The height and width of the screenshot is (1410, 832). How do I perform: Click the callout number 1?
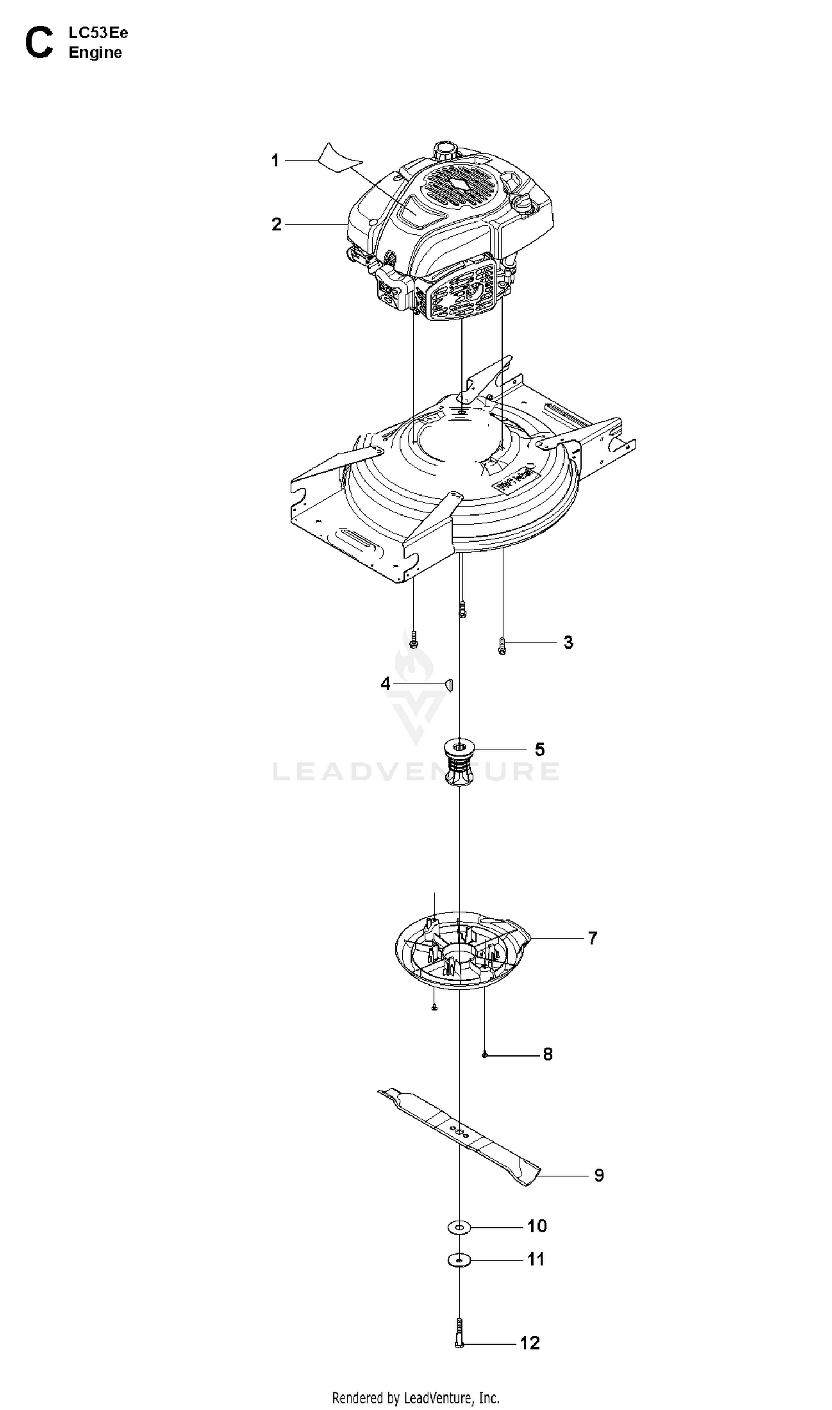(x=275, y=161)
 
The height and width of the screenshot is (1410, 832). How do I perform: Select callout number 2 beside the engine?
(x=276, y=224)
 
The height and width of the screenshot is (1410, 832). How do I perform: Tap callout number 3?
(x=569, y=643)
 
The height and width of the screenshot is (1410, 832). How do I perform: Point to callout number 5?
(x=539, y=749)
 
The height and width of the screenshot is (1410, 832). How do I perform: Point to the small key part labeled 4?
(x=449, y=684)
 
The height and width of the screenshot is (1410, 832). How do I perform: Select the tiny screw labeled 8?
(x=485, y=1055)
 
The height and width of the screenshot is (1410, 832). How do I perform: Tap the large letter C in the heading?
(x=39, y=43)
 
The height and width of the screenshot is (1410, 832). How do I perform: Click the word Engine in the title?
(x=95, y=53)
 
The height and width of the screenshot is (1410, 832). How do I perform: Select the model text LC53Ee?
(x=98, y=33)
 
